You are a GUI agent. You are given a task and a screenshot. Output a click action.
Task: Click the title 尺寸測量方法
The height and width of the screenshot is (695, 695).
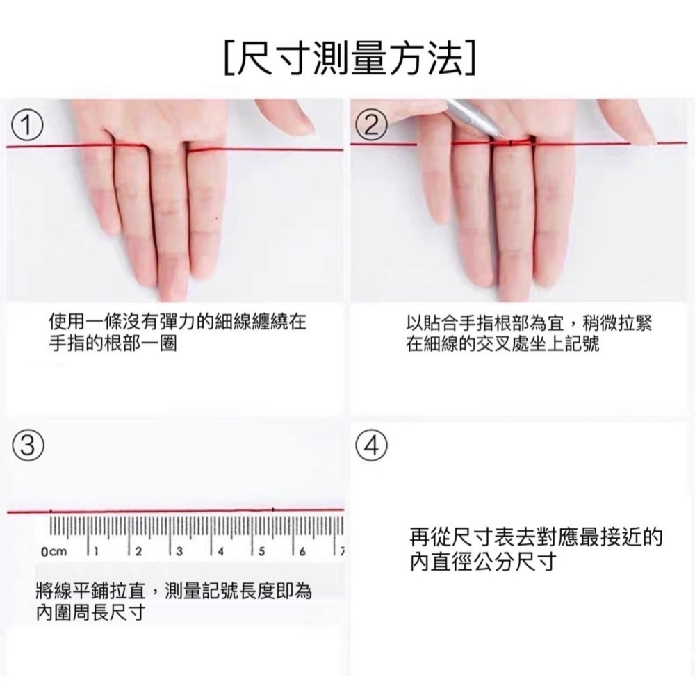point(350,58)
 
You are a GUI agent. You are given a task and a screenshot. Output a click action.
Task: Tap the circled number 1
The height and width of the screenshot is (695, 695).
point(27,125)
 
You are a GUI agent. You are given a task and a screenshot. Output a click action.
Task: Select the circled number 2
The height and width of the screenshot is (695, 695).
point(371,125)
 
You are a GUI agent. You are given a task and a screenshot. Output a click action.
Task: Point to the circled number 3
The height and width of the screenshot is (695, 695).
point(27,445)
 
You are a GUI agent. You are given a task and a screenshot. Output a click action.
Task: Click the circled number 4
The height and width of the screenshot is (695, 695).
point(371,446)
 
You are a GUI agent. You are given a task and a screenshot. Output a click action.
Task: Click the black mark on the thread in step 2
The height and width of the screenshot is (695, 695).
point(511,142)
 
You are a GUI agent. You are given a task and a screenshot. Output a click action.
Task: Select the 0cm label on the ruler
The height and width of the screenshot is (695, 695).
point(54,551)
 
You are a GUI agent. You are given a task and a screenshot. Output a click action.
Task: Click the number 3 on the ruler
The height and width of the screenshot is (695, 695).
point(179,551)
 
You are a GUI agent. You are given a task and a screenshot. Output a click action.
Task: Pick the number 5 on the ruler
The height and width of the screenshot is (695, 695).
point(261,551)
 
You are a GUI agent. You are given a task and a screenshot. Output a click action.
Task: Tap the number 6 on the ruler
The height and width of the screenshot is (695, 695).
point(302,551)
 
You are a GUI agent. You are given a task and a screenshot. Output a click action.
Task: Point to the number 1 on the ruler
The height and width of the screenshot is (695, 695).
point(96,551)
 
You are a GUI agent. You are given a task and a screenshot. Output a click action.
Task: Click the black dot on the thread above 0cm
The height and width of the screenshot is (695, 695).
point(51,512)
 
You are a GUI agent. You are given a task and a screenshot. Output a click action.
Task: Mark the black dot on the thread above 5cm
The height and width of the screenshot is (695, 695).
point(272,509)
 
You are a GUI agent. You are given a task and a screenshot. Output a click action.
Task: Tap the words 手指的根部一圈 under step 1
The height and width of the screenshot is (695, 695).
point(113,344)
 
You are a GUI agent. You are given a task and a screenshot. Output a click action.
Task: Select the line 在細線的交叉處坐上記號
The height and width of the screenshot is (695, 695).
point(502,344)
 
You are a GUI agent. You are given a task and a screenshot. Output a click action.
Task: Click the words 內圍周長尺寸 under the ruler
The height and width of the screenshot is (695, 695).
point(90,612)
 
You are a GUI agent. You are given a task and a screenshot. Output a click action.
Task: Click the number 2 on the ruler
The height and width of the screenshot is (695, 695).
point(138,551)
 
